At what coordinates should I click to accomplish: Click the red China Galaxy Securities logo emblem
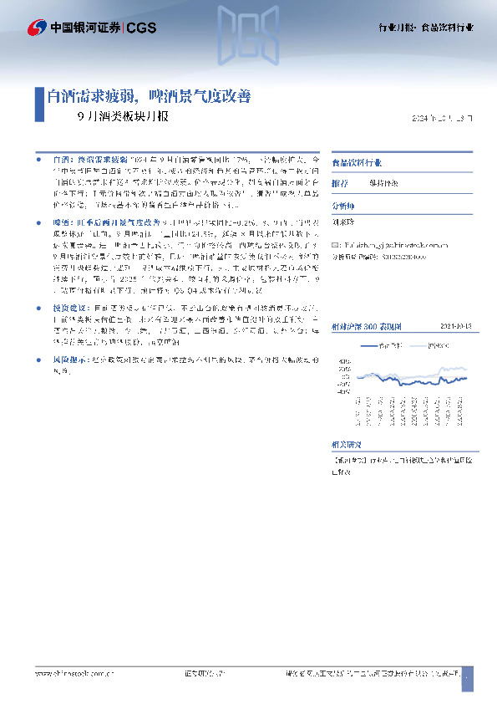coord(38,27)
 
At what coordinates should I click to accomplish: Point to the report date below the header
coord(442,118)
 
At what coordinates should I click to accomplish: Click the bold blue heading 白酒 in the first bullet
coord(63,158)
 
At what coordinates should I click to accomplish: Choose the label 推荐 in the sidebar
coord(339,182)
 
